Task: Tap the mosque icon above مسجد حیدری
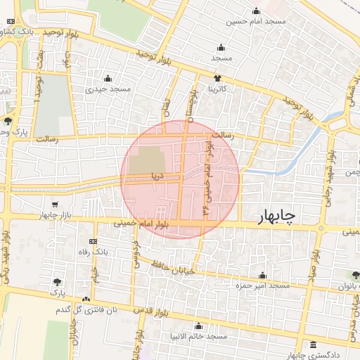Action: coord(108,78)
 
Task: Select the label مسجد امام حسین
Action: coord(256,22)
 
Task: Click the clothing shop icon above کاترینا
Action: coord(217,78)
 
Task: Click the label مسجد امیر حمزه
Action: coord(263,286)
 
